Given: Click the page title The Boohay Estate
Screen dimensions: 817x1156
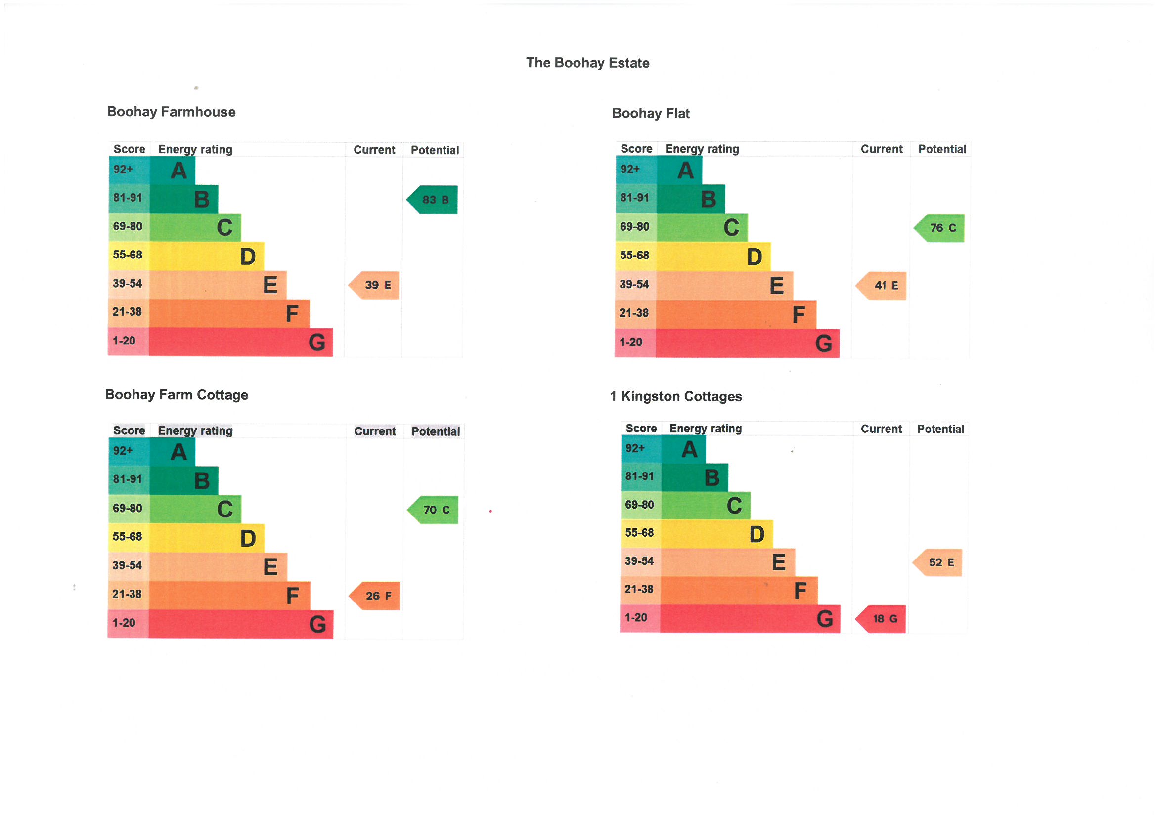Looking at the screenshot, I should [587, 63].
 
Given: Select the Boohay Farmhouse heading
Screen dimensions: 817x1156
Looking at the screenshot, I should [171, 112].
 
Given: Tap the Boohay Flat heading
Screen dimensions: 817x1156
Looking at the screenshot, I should [651, 113].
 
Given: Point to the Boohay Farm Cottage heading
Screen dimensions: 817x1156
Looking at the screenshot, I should [176, 394].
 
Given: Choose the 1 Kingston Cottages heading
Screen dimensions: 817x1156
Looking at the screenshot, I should [676, 397].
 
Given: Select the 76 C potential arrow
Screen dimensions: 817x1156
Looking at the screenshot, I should [940, 228].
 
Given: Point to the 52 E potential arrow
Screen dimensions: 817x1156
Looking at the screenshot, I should [938, 563].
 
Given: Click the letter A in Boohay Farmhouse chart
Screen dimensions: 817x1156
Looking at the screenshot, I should [178, 171].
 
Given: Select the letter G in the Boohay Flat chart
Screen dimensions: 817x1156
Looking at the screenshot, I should [824, 344].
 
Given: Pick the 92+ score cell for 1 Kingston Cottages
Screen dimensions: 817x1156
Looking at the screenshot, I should [635, 448].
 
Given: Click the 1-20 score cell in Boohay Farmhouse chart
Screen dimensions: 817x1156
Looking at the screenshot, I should [124, 341].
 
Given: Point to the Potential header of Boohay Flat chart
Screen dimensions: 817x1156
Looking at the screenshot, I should [942, 149].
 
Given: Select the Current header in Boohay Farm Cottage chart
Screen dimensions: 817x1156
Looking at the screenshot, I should [375, 431].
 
